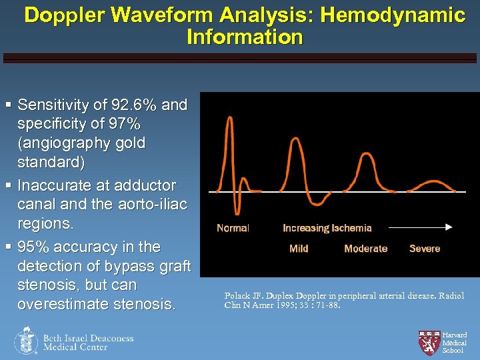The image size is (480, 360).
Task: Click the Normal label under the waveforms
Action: point(233,228)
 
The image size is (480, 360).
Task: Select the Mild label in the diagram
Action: point(299,249)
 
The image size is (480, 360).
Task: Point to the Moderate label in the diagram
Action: point(365,249)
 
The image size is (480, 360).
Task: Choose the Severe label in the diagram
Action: point(425,249)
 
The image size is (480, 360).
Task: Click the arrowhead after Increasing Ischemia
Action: point(449,227)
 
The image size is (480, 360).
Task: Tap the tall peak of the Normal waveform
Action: point(229,119)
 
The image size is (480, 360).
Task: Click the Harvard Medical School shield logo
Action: point(427,341)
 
